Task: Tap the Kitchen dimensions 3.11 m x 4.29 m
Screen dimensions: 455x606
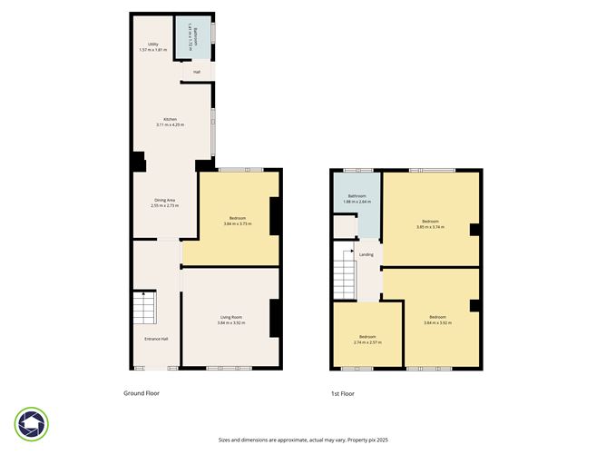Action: pos(170,124)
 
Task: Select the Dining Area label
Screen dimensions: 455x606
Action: pos(164,199)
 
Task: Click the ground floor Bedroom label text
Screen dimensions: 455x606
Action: pos(238,218)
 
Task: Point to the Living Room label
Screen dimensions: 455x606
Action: pos(230,316)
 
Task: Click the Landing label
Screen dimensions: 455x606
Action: pos(367,254)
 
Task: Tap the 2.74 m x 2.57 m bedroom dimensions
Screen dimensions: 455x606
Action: pos(367,342)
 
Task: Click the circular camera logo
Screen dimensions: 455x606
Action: pos(32,424)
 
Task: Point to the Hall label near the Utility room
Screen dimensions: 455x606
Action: pos(197,72)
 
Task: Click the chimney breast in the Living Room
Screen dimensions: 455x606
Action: pos(274,318)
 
